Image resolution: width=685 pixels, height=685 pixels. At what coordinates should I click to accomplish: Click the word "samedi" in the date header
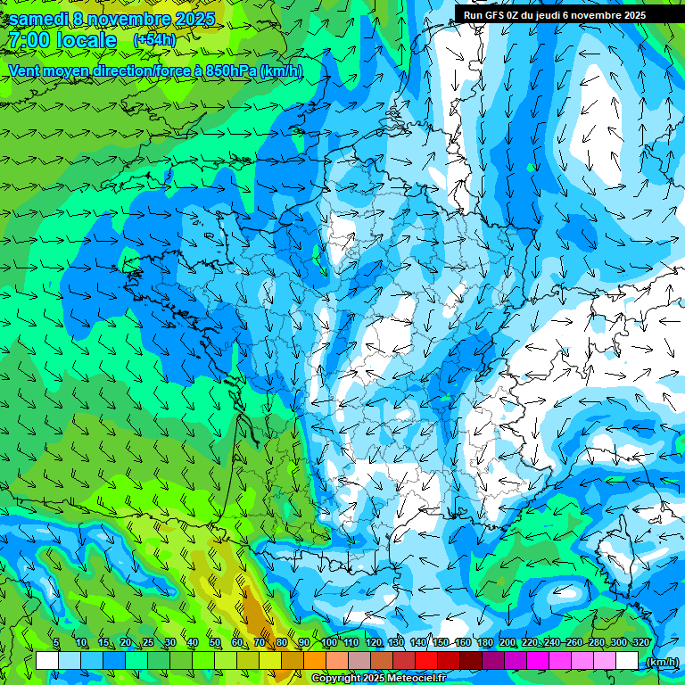tap(42, 19)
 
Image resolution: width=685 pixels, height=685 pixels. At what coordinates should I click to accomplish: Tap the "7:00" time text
tap(28, 40)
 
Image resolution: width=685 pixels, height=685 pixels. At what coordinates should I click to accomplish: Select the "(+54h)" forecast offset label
tap(154, 40)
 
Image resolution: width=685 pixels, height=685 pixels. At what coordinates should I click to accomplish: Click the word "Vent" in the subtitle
tap(25, 70)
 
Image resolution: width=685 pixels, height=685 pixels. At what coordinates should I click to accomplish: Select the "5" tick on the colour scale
tap(56, 642)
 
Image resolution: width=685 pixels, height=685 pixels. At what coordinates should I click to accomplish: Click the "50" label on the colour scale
tap(215, 642)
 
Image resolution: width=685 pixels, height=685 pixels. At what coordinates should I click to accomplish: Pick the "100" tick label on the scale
tap(329, 642)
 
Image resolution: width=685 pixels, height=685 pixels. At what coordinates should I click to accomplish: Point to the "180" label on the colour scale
tap(484, 642)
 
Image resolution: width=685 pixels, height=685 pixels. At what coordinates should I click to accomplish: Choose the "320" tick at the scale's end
tap(640, 642)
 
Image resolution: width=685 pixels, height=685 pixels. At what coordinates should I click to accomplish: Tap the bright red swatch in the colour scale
tap(426, 661)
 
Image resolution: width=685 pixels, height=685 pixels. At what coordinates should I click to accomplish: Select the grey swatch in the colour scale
tap(359, 661)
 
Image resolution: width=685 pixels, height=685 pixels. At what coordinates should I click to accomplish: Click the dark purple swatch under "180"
tap(493, 661)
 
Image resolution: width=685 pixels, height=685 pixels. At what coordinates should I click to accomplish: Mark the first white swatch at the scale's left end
tap(47, 661)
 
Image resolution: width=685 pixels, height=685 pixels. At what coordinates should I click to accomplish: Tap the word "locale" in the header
tap(86, 40)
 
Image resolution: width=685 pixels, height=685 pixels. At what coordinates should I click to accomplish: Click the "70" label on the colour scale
tap(260, 642)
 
